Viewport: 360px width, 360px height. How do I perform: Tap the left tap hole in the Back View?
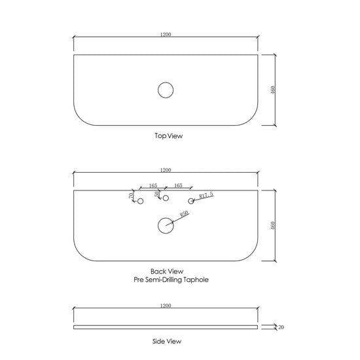point(140,198)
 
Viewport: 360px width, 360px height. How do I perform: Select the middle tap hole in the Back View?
point(166,195)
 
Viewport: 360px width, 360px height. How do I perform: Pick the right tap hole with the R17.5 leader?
point(190,198)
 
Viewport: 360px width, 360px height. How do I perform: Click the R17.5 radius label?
point(206,195)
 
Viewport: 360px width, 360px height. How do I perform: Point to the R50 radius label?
point(184,214)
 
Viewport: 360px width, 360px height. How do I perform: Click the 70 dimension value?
point(131,196)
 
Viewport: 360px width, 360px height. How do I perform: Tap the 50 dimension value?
point(157,194)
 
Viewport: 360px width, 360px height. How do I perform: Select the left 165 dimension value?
point(153,185)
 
